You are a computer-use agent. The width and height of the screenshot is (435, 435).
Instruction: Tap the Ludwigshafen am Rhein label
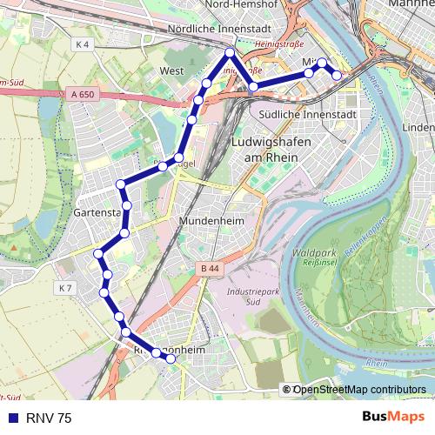coord(265,149)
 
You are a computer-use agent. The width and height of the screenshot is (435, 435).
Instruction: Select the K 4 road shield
coord(82,43)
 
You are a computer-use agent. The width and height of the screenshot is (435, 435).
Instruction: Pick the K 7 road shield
coord(67,288)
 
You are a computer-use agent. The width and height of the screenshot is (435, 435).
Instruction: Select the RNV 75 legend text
coord(49,418)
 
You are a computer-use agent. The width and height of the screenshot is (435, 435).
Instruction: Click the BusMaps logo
coord(392,418)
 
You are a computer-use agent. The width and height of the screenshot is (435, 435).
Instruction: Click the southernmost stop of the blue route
coord(171,358)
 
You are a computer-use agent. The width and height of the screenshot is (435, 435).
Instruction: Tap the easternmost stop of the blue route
coord(337,75)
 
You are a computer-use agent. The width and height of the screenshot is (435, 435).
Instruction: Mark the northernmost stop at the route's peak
coord(230,53)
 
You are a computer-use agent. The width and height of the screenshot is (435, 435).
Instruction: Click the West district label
coord(171,70)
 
